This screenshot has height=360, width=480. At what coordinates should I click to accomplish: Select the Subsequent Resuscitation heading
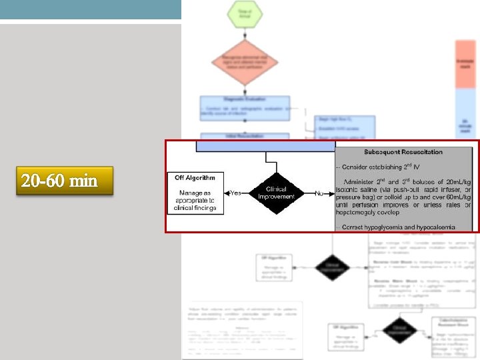click(x=403, y=152)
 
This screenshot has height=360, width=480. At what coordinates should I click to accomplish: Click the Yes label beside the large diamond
click(x=235, y=193)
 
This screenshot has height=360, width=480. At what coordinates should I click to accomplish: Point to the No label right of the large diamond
click(x=319, y=193)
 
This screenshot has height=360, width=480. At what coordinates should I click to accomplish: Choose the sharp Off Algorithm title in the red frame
click(x=195, y=177)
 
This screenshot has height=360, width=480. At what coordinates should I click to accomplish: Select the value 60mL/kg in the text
click(x=454, y=198)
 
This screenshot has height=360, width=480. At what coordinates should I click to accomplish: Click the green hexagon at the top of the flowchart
click(x=245, y=15)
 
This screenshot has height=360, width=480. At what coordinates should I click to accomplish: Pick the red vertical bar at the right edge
click(x=465, y=63)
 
